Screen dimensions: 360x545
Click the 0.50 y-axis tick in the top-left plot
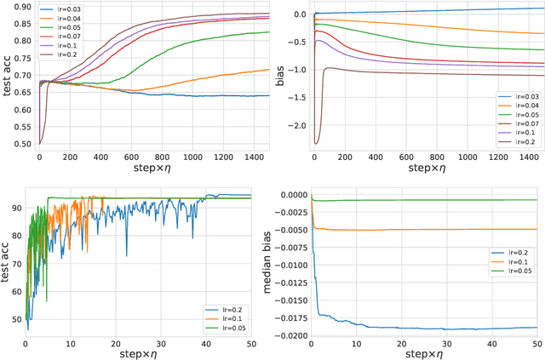click(20, 143)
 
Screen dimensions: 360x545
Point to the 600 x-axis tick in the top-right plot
click(401, 158)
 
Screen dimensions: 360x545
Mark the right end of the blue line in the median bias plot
click(536, 327)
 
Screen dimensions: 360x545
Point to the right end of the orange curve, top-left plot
click(269, 70)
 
